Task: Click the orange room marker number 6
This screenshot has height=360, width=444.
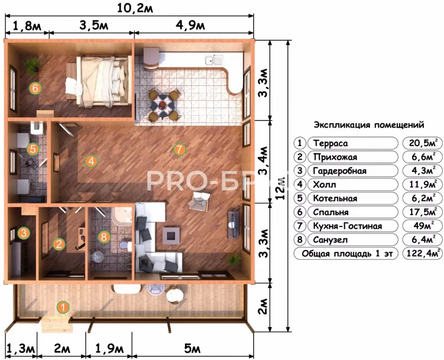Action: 35,88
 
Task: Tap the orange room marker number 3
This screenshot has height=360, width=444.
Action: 23,233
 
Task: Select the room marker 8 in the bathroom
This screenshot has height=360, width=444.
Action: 104,237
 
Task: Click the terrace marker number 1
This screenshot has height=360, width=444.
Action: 63,307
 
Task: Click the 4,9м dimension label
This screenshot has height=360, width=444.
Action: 190,26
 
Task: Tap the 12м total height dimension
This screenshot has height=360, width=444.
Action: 281,188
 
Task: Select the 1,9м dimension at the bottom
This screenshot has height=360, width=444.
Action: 109,349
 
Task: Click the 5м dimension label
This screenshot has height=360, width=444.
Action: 192,349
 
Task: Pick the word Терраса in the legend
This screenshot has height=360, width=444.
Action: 330,143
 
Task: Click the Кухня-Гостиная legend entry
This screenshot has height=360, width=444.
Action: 347,226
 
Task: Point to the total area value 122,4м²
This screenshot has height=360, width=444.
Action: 423,253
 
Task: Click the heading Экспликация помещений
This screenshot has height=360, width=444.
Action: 369,125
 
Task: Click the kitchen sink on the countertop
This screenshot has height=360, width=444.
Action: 214,60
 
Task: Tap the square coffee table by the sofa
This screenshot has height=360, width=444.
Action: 171,235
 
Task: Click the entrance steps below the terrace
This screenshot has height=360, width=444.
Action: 56,325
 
